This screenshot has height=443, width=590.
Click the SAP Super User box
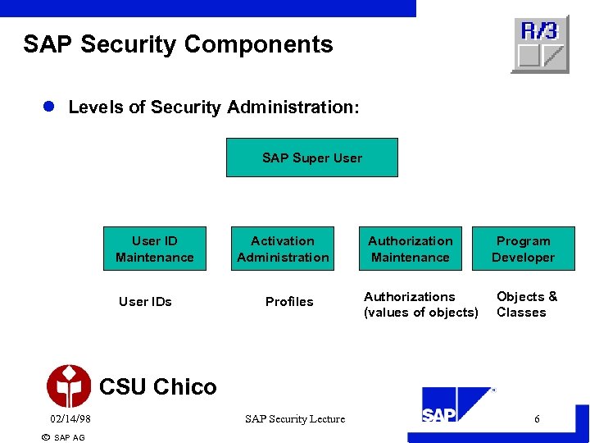tap(311, 158)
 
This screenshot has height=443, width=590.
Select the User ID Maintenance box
tap(155, 249)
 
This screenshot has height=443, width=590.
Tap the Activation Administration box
tap(283, 249)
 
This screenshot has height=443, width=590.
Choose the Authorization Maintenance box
tap(410, 249)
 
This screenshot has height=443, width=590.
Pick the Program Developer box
tap(523, 249)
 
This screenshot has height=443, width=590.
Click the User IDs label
tap(145, 301)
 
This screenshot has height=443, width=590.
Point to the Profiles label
tap(289, 301)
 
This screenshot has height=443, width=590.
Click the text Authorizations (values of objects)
tap(421, 304)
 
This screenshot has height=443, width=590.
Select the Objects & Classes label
tap(526, 304)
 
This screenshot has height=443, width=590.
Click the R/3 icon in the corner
tap(540, 43)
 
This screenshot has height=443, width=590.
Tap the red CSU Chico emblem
tap(69, 386)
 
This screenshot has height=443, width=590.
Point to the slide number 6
tap(537, 419)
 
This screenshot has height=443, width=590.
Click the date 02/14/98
tap(69, 419)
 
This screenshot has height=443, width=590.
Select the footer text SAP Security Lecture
tap(295, 419)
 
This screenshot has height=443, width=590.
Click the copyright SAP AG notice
tap(62, 437)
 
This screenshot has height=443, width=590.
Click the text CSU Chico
tap(157, 386)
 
